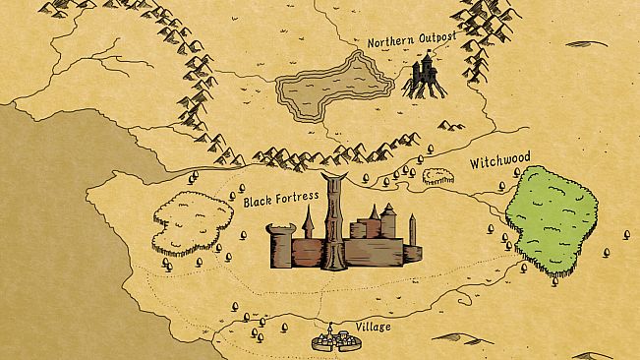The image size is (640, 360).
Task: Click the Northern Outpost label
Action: pyautogui.click(x=413, y=42)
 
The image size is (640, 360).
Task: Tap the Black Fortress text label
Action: pyautogui.click(x=281, y=200)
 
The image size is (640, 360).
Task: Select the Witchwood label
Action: pyautogui.click(x=499, y=159)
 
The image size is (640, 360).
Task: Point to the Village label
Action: pyautogui.click(x=371, y=327)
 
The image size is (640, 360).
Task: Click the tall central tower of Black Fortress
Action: pyautogui.click(x=335, y=221)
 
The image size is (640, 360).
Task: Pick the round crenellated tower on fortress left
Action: pyautogui.click(x=281, y=244)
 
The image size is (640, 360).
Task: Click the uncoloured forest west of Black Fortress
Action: pyautogui.click(x=189, y=220)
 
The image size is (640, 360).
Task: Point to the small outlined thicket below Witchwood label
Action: pyautogui.click(x=438, y=176)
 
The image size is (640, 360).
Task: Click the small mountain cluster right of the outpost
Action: pyautogui.click(x=451, y=125)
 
